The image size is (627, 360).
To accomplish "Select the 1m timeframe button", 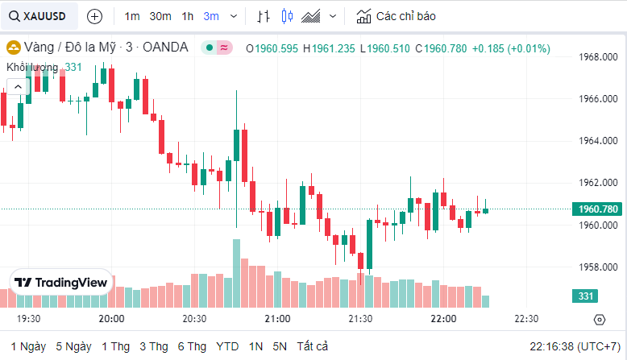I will [132, 16].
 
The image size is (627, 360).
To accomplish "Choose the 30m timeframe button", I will [160, 16].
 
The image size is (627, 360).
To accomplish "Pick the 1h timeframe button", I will [188, 16].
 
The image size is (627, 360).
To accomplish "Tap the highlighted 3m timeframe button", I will [211, 16].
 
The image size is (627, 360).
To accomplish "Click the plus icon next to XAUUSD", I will [94, 16].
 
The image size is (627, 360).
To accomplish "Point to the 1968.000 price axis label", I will [598, 57].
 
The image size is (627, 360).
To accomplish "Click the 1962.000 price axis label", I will [598, 183].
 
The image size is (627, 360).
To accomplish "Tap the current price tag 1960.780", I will [598, 209].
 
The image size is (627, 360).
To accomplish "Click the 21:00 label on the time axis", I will [277, 319].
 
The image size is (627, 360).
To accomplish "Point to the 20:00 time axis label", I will [111, 319].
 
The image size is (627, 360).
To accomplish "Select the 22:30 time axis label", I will [526, 319].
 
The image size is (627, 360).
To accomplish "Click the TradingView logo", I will [61, 283].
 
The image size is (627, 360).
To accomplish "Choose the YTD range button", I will [227, 346].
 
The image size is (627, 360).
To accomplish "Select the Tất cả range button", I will [312, 346].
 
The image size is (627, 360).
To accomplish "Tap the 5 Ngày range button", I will [73, 346].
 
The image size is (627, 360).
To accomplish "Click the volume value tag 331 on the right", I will [586, 296].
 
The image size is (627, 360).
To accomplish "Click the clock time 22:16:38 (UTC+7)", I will [574, 346].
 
